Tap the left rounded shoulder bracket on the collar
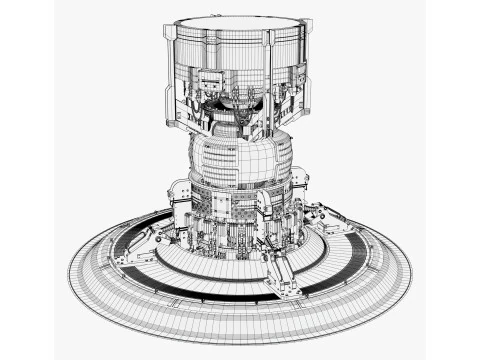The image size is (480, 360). [180, 194]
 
